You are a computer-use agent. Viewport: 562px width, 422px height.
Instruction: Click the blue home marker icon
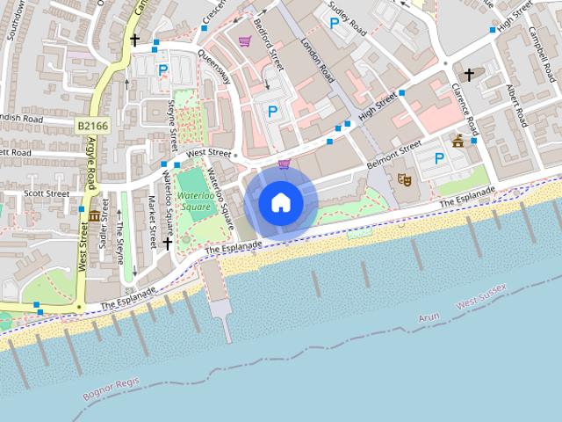[x=280, y=203]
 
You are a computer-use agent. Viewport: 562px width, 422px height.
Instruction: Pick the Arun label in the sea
[x=429, y=316]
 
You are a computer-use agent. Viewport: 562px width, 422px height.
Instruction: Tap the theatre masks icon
[x=405, y=179]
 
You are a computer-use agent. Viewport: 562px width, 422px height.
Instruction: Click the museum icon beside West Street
[x=94, y=215]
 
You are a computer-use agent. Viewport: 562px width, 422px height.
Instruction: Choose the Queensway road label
[x=215, y=65]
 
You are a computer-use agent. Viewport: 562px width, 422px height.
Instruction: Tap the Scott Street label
[x=47, y=193]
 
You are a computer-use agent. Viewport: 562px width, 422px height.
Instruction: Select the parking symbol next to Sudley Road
[x=334, y=24]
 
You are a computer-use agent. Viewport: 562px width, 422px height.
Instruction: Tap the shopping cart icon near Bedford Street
[x=244, y=40]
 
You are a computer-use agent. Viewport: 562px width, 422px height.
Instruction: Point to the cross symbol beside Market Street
[x=167, y=243]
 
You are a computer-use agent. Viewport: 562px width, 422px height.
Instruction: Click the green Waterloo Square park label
[x=194, y=200]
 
